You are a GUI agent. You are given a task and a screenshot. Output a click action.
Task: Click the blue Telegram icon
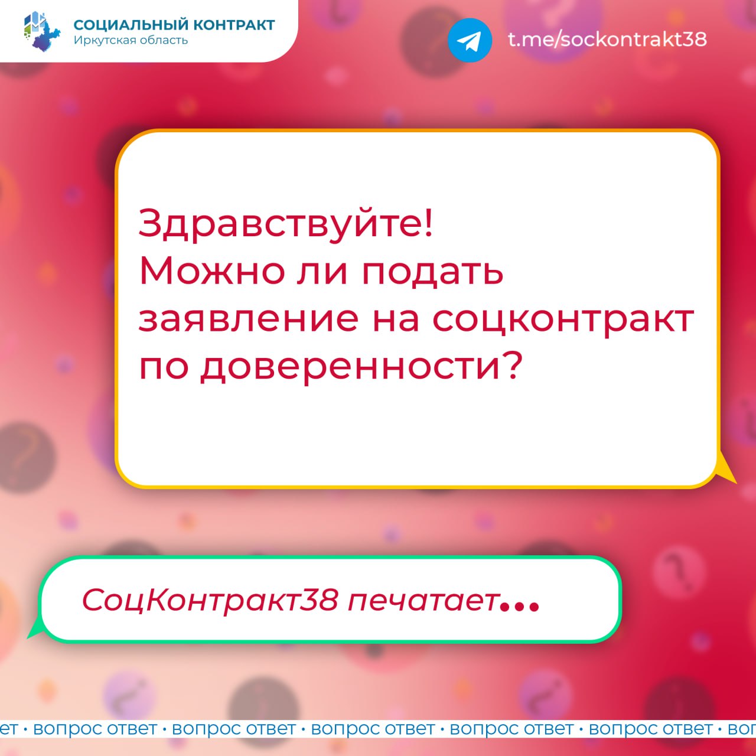point(470,40)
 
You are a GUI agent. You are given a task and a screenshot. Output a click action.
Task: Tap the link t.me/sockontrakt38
point(607,39)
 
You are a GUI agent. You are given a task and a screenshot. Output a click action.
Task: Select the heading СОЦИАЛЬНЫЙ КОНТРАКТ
point(174,25)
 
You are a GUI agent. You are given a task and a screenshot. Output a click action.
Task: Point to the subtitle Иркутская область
point(131,40)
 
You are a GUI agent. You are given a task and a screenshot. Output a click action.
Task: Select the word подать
point(432,272)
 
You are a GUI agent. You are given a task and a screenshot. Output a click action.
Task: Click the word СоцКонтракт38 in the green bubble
point(210,600)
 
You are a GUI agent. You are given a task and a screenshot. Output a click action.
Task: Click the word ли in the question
point(322,272)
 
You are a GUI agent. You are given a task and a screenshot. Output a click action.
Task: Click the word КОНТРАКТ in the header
point(234,25)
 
